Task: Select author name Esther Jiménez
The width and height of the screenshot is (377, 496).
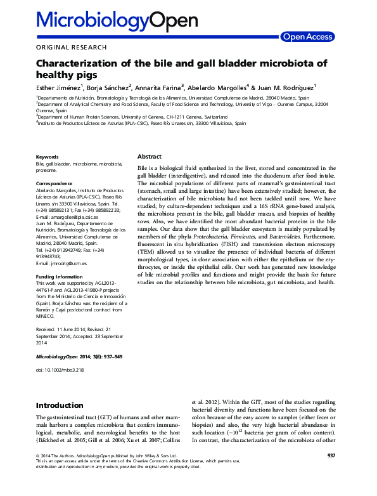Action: tap(60, 88)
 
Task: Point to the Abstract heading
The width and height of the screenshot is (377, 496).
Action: tap(150, 157)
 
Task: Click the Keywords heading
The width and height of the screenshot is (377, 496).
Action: tap(48, 157)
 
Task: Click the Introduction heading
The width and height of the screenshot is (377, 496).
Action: tap(60, 405)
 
